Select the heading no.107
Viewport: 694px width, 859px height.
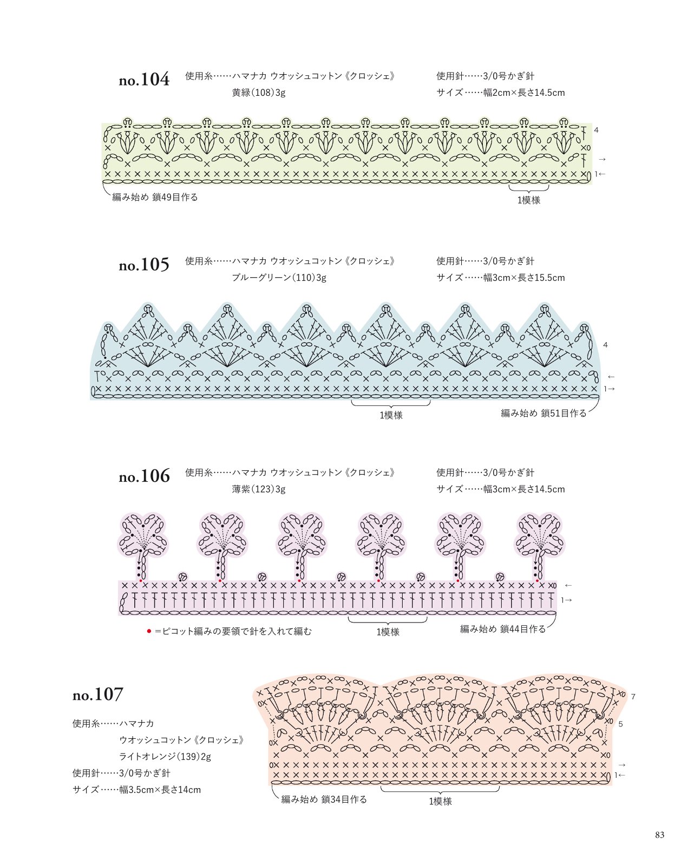click(x=98, y=694)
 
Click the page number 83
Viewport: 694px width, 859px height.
click(x=660, y=835)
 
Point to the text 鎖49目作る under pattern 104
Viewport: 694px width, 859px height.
click(x=175, y=197)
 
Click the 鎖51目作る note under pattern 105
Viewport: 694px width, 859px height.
click(x=564, y=413)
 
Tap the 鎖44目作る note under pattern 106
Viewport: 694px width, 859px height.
click(x=522, y=629)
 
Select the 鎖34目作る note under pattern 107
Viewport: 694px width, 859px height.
click(x=344, y=799)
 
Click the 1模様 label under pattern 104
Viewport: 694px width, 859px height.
click(x=529, y=200)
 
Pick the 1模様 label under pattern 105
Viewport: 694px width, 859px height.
click(x=391, y=415)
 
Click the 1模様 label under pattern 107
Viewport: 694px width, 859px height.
click(x=440, y=801)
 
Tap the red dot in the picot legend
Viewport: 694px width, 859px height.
click(x=149, y=631)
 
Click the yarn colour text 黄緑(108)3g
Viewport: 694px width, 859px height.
click(x=258, y=93)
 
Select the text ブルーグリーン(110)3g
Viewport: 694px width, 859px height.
click(x=279, y=278)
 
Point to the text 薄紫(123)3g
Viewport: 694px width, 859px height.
click(x=258, y=489)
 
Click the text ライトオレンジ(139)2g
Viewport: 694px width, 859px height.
click(x=165, y=756)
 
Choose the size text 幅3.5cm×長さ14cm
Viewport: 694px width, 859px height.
click(x=160, y=790)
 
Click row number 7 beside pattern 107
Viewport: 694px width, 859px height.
click(x=633, y=697)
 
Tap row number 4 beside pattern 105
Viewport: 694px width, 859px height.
click(x=605, y=345)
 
